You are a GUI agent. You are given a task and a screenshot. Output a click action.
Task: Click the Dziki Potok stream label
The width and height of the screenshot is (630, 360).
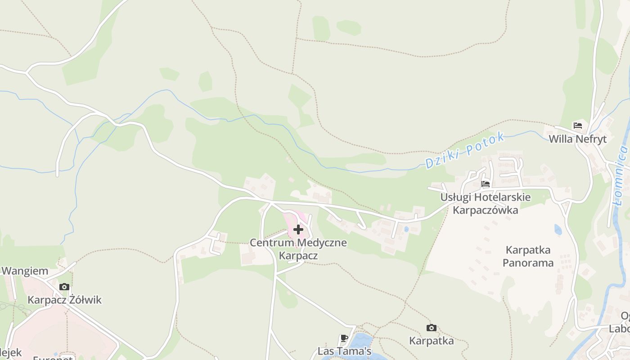pos(465,150)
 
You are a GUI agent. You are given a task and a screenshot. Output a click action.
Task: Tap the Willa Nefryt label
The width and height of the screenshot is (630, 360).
pos(577,139)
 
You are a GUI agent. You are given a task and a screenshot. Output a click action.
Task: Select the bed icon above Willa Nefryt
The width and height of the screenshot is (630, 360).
pos(578,126)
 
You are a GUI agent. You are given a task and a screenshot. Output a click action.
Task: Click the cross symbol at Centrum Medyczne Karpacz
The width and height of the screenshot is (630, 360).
pos(298,229)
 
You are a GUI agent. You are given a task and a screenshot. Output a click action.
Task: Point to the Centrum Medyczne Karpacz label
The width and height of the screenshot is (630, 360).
pos(298,249)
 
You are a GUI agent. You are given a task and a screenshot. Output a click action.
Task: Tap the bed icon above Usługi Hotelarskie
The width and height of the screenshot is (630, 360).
pos(485,184)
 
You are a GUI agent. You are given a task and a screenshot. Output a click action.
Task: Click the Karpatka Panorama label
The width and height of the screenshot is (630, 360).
pos(528,256)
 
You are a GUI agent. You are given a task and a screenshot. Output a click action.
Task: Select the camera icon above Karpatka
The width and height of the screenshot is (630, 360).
pos(431,328)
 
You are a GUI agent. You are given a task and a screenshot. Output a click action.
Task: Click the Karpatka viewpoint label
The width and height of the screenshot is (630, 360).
pos(431,341)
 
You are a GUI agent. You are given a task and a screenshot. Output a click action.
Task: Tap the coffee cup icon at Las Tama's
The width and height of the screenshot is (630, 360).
pos(344,338)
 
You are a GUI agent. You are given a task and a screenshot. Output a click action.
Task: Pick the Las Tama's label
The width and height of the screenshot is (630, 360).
pos(344,351)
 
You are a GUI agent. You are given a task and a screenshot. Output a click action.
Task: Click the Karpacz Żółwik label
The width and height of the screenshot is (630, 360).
pos(64,300)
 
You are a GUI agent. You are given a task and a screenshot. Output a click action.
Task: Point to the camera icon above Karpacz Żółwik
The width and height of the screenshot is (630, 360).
pos(64,287)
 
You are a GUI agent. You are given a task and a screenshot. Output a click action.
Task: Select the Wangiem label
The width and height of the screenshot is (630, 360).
pos(25,271)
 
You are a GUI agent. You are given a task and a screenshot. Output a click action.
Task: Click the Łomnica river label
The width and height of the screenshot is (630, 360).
pos(621,178)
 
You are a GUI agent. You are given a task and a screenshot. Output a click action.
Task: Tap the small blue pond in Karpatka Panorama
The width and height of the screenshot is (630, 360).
pos(558,230)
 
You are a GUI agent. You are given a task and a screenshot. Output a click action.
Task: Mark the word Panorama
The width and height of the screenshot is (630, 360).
pos(528,262)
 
